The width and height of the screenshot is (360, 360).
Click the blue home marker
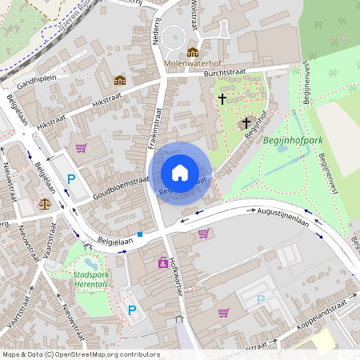tap(180, 173)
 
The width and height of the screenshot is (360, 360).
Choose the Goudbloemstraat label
tap(120, 183)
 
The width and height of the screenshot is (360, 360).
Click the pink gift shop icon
tap(163, 262)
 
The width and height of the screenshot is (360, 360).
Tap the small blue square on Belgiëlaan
tap(140, 234)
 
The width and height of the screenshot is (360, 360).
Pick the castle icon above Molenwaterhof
tap(192, 51)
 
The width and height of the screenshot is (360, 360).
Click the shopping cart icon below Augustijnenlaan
tap(203, 234)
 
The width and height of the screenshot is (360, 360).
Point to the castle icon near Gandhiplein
tap(120, 80)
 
